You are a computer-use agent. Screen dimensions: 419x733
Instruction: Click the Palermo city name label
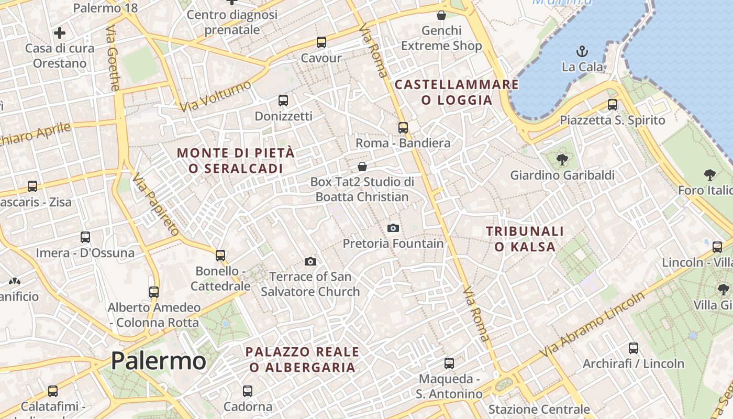(158, 360)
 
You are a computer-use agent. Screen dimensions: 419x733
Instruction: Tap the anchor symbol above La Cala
(582, 51)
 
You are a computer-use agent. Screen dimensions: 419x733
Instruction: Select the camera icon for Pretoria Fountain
(393, 228)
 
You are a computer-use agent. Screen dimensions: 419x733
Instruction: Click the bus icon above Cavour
(321, 42)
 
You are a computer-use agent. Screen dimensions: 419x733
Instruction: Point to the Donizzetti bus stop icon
(283, 100)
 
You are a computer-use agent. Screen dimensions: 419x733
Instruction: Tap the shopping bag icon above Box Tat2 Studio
(362, 167)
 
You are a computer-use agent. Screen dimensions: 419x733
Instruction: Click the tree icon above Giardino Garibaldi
(562, 159)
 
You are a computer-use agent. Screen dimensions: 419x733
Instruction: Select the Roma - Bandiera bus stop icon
(403, 127)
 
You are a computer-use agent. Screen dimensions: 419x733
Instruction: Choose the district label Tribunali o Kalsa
(525, 239)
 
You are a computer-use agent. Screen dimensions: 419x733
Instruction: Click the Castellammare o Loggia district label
(457, 92)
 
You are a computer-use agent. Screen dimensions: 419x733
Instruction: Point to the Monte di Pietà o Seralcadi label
(236, 161)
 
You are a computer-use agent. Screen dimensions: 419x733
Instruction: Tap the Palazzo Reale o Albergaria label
(303, 359)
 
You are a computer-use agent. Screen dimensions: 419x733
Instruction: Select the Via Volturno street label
(215, 96)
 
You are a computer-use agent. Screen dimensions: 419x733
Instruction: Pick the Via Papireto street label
(156, 204)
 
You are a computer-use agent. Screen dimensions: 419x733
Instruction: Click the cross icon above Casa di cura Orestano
(60, 33)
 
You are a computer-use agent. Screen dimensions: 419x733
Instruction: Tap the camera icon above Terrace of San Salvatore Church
(310, 261)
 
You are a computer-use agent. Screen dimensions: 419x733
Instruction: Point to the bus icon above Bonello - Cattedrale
(220, 256)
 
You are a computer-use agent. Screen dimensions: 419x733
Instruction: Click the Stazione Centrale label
(539, 409)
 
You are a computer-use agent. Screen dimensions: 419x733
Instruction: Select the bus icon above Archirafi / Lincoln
(633, 348)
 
